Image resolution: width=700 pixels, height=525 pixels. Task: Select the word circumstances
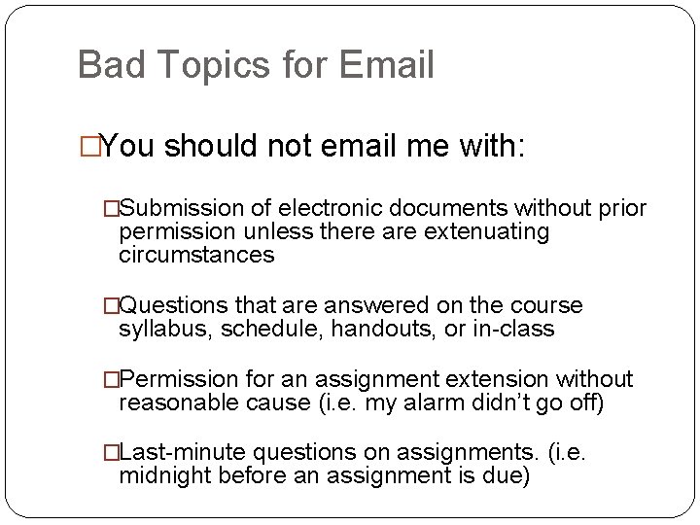pyautogui.click(x=196, y=256)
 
